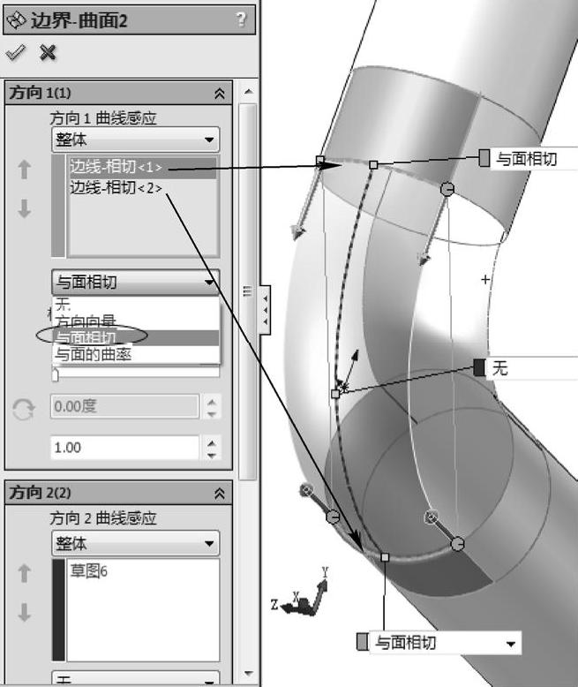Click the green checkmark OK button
tap(15, 53)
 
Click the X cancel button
tap(48, 53)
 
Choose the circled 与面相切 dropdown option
tap(88, 337)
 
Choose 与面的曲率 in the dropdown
tap(94, 354)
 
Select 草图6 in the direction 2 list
tap(88, 570)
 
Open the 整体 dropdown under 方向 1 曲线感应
tap(135, 140)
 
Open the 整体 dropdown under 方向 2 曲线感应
tap(135, 543)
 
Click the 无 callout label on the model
tap(500, 368)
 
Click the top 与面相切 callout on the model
tap(526, 159)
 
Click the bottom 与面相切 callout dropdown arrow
tap(511, 643)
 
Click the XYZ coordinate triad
tap(308, 600)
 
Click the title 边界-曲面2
tap(79, 20)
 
